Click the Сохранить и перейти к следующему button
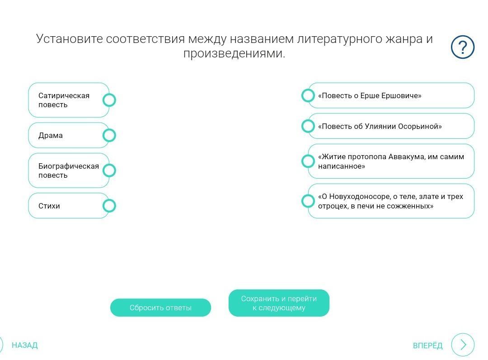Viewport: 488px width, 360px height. point(279,303)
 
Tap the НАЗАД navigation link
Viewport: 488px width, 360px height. point(24,346)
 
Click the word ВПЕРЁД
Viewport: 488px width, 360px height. point(427,346)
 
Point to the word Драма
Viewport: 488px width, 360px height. point(51,136)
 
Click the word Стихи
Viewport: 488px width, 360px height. point(49,206)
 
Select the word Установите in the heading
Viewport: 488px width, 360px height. point(70,39)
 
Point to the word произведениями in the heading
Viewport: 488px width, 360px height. point(234,53)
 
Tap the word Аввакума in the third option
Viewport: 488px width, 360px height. point(407,157)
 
